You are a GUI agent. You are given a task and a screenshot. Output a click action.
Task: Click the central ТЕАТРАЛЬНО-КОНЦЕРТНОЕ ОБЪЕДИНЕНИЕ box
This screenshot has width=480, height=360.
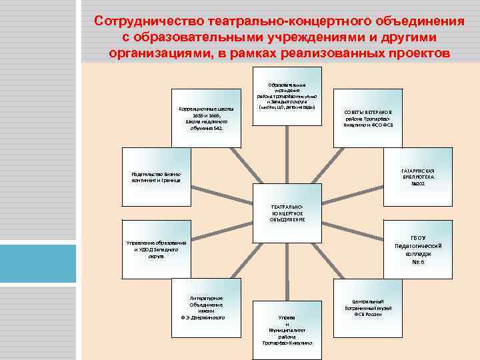pos(287,213)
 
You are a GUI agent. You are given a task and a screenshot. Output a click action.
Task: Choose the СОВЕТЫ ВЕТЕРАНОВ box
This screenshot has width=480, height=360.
pos(368,117)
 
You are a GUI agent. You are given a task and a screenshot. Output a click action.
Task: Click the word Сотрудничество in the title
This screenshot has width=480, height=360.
pos(150,21)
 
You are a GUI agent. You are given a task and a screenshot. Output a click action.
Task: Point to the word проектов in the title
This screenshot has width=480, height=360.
pos(408,53)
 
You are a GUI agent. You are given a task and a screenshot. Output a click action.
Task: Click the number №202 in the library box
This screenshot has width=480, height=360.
pos(419,185)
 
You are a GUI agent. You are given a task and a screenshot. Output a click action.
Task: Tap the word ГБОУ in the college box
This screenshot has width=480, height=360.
pos(419,238)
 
